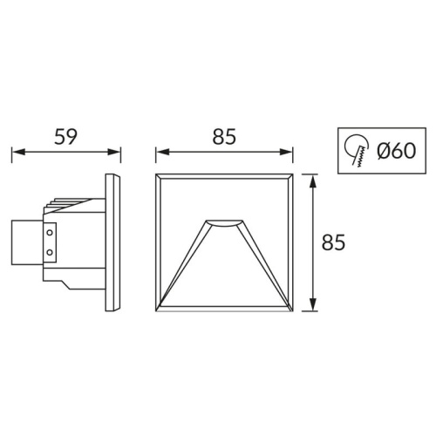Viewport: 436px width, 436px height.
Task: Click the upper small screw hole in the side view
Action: pos(49,234)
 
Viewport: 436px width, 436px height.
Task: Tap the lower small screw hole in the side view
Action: pos(49,253)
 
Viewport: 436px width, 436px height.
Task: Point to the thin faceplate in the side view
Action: pos(112,242)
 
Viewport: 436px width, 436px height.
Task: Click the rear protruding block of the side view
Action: pos(24,242)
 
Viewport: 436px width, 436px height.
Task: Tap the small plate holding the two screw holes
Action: pos(50,243)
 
